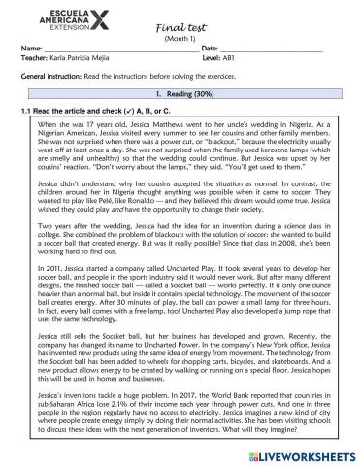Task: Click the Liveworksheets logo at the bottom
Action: point(303,454)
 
